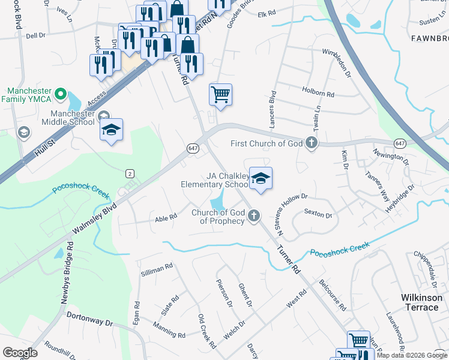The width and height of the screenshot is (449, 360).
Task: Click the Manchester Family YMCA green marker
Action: pyautogui.click(x=60, y=94)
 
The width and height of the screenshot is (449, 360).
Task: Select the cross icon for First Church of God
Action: pyautogui.click(x=311, y=143)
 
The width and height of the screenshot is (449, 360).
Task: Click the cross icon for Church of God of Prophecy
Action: pyautogui.click(x=254, y=215)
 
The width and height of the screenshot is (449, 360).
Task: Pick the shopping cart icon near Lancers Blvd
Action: pyautogui.click(x=221, y=94)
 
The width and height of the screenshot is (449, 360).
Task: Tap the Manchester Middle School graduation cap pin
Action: pyautogui.click(x=112, y=130)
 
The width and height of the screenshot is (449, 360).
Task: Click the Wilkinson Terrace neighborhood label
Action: pyautogui.click(x=420, y=302)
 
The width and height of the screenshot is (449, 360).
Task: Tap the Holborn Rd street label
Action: pyautogui.click(x=319, y=94)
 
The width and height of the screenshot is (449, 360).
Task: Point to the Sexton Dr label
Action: pyautogui.click(x=318, y=214)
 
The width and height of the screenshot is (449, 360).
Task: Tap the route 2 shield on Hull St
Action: pyautogui.click(x=129, y=173)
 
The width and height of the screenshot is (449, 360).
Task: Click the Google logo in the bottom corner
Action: pyautogui.click(x=20, y=353)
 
